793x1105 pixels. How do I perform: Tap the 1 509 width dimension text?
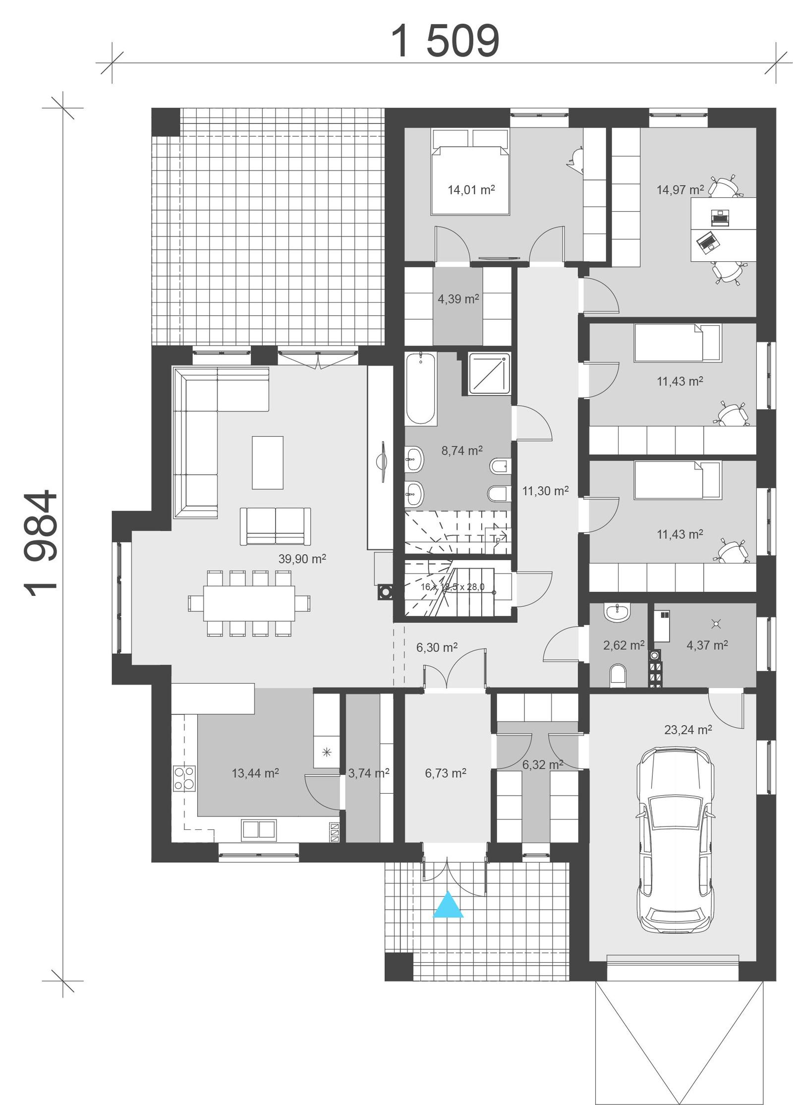[445, 42]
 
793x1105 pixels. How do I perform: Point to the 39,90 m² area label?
[301, 559]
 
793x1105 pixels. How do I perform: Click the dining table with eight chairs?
[249, 603]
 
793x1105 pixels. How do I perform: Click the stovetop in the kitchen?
[183, 779]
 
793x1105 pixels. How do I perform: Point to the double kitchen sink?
[258, 830]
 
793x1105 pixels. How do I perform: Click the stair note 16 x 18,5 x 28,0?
[452, 587]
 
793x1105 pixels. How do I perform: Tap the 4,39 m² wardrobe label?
[457, 299]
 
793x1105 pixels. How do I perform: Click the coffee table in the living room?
[267, 462]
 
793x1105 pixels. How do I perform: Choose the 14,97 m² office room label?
[680, 189]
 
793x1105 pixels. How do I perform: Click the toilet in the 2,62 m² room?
[618, 675]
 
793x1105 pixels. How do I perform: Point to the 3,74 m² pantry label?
[368, 773]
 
